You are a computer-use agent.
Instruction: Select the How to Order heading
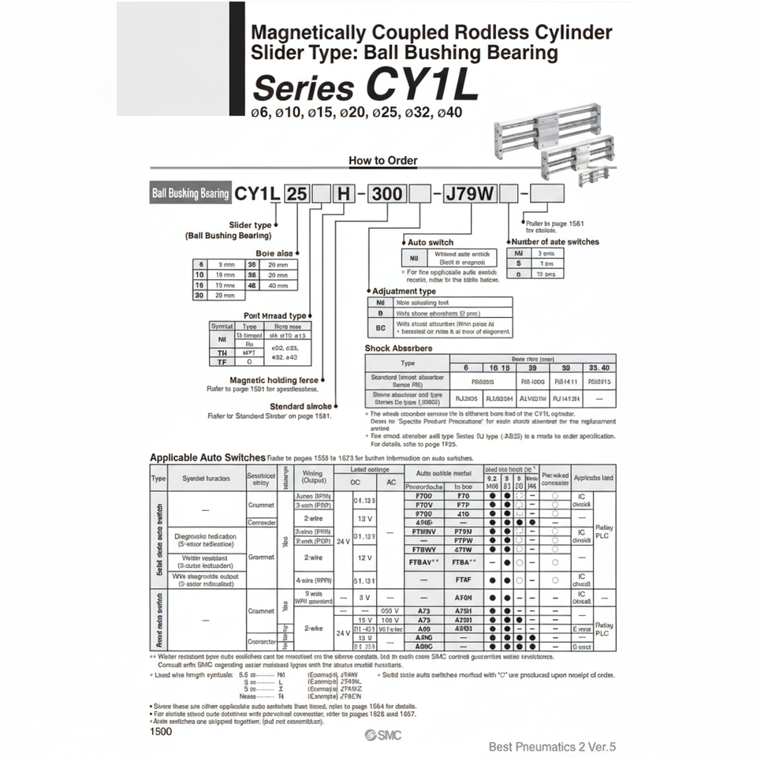tap(382, 161)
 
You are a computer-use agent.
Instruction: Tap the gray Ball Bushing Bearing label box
tap(190, 193)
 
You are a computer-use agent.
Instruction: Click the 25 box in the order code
tap(297, 193)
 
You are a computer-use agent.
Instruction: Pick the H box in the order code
tap(345, 193)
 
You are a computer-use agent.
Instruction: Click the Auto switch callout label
tap(430, 242)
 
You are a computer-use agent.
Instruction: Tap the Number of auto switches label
tap(555, 242)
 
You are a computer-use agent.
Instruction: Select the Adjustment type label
tap(404, 291)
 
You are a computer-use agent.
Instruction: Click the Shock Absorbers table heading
tap(398, 348)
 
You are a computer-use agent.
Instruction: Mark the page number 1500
tap(161, 731)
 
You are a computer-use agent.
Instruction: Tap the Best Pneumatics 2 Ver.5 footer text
tap(552, 746)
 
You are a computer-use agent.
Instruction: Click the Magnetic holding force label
tap(274, 380)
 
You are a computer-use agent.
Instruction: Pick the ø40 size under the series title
tap(449, 112)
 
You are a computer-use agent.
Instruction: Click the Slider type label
tap(250, 226)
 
